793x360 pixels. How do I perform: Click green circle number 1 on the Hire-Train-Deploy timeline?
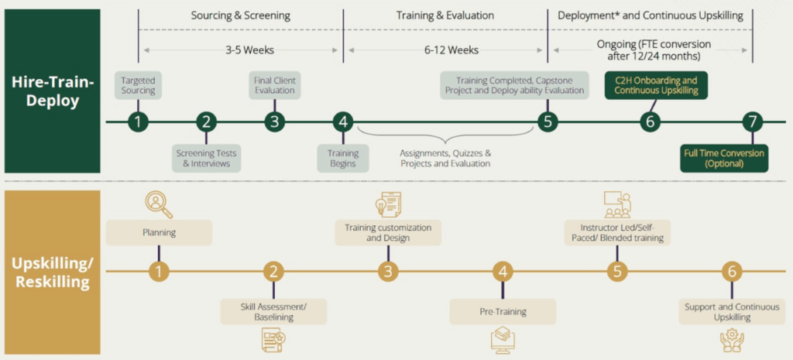138,122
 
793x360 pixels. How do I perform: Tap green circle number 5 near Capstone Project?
548,122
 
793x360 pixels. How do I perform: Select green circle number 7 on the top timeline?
751,122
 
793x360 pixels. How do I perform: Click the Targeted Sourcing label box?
138,85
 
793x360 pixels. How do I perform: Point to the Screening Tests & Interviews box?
208,158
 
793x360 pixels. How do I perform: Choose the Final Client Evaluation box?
274,85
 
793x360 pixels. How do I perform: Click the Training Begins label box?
342,158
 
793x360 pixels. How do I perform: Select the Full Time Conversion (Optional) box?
723,158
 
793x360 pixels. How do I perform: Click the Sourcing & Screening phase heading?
241,15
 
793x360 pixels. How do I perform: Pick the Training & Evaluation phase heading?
445,15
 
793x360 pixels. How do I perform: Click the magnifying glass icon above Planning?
158,204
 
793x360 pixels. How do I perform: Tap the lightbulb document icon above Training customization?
388,204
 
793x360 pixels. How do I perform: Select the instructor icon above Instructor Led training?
617,204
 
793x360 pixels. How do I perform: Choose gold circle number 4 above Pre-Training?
503,271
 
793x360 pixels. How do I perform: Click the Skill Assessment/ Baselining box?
273,311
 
